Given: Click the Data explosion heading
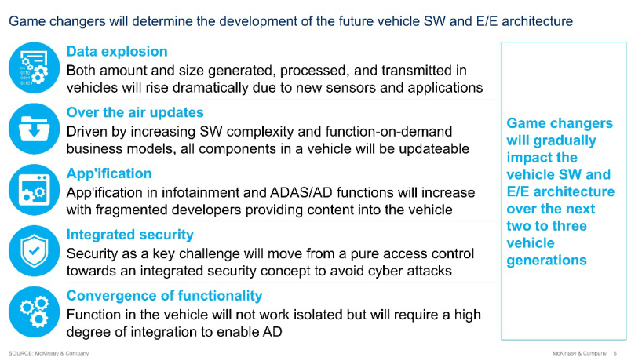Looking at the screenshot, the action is pyautogui.click(x=117, y=52).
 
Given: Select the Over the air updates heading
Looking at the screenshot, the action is pyautogui.click(x=135, y=112).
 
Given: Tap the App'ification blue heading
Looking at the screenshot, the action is pyautogui.click(x=109, y=173).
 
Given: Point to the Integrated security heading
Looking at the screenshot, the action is pyautogui.click(x=130, y=235).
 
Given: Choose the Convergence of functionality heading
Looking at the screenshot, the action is pyautogui.click(x=165, y=296).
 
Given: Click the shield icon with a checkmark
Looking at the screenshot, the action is pyautogui.click(x=35, y=251).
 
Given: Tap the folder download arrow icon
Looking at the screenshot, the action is pyautogui.click(x=35, y=129).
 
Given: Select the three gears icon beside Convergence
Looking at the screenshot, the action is pyautogui.click(x=35, y=312).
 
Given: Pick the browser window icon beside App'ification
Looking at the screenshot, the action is pyautogui.click(x=35, y=190).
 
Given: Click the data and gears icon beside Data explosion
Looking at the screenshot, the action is pyautogui.click(x=35, y=68).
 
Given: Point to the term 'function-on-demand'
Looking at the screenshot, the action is pyautogui.click(x=389, y=131).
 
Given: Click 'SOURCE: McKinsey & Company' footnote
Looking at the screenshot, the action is pyautogui.click(x=49, y=353).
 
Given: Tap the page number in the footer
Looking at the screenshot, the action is pyautogui.click(x=615, y=353).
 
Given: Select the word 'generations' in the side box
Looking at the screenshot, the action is pyautogui.click(x=546, y=261).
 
